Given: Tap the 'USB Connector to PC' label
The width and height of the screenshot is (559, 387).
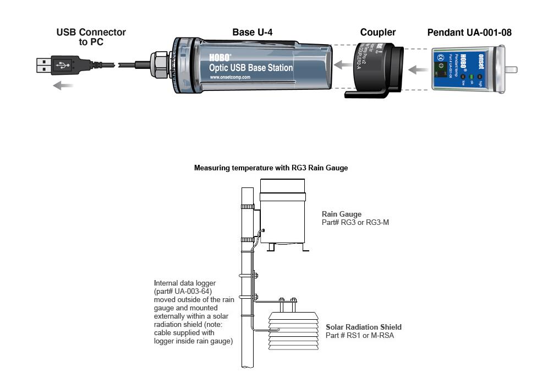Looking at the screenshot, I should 91,37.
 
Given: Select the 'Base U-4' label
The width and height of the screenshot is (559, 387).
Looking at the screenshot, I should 252,33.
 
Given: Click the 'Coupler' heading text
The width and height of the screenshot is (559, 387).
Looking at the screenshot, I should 377,33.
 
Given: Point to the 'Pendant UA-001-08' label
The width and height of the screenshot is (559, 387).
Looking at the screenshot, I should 469,33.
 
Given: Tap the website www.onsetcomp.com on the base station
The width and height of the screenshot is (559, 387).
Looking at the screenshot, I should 230,77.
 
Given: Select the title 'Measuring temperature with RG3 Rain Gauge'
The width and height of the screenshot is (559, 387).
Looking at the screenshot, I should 271,168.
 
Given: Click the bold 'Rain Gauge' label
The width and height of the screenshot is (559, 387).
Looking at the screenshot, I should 342,214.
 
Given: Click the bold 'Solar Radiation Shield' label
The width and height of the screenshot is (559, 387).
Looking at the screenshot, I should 363,327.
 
